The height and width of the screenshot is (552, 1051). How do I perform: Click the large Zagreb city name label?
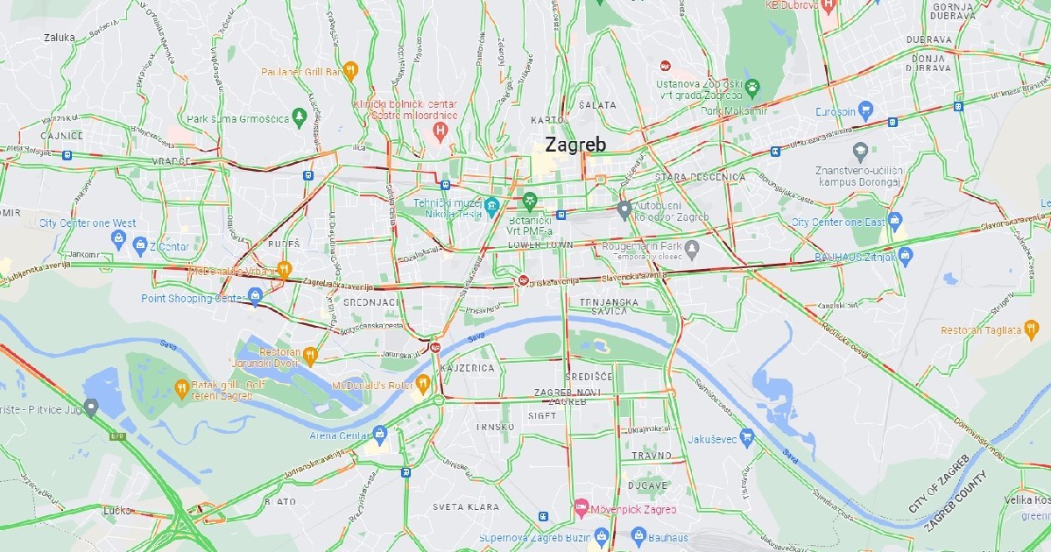pos(575,145)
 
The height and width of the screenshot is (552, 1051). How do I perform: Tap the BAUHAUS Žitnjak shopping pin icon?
pos(906,257)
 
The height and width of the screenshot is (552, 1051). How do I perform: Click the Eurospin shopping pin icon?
pos(866,110)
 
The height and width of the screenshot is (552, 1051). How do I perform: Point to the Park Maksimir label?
pos(734,111)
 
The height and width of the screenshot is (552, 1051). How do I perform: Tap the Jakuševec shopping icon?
pos(746,437)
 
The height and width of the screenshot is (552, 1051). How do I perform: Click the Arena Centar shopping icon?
pos(379,434)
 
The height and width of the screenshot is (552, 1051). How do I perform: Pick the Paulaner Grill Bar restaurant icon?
pos(350,70)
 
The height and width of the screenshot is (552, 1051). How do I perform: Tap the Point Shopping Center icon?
pos(255,295)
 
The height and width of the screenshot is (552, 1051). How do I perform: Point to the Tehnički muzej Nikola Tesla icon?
pos(491,207)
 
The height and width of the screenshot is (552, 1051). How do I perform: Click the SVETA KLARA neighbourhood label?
pos(465,506)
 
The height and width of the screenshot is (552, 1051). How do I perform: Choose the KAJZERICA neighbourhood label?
pos(468,368)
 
